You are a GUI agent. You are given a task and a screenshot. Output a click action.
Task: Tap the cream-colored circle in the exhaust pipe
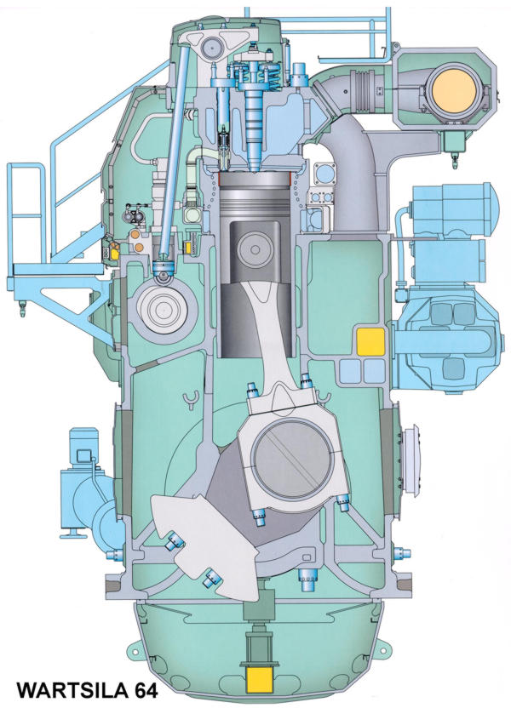(x=453, y=90)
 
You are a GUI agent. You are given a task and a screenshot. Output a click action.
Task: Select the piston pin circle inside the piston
(x=255, y=249)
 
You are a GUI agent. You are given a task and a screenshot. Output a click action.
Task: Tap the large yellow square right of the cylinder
(x=371, y=342)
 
